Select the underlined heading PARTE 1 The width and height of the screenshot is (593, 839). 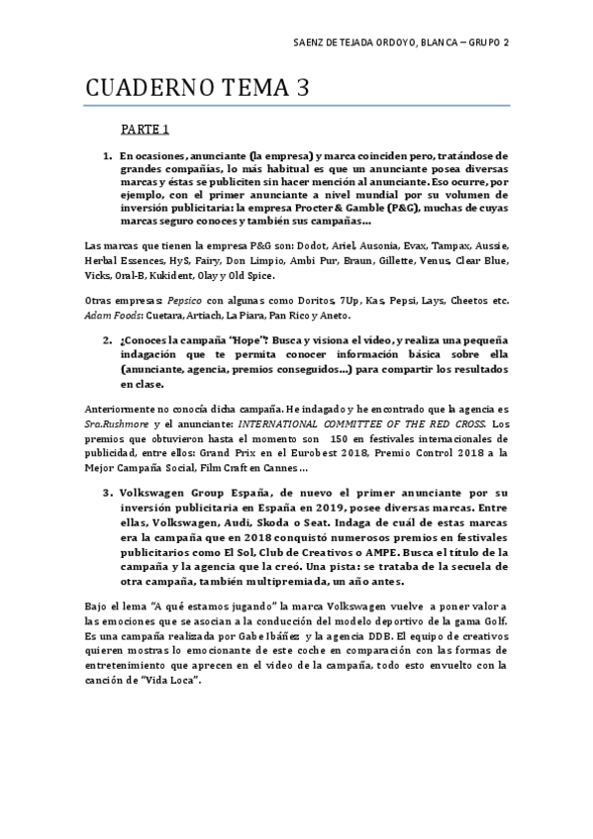[x=146, y=129]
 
